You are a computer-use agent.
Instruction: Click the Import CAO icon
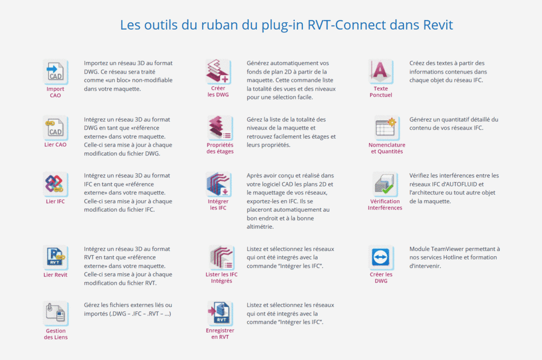click(x=56, y=71)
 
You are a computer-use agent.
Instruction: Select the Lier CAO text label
click(x=55, y=145)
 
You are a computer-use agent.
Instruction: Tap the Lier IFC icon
click(x=55, y=184)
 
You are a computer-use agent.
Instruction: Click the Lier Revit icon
click(x=55, y=257)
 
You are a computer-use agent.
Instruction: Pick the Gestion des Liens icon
click(x=56, y=313)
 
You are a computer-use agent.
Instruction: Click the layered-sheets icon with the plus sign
click(x=218, y=71)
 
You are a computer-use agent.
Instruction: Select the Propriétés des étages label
click(x=220, y=148)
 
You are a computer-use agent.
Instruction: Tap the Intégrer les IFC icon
click(x=218, y=184)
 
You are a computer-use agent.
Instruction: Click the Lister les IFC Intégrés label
click(x=222, y=278)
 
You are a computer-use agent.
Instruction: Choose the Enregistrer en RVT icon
click(x=220, y=313)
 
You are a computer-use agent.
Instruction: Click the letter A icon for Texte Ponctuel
click(x=381, y=71)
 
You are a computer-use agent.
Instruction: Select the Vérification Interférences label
click(x=385, y=204)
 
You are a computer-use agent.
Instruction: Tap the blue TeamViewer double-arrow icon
click(x=381, y=257)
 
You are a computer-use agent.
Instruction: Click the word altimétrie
click(x=260, y=227)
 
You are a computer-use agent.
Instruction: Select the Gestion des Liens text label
click(x=56, y=334)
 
